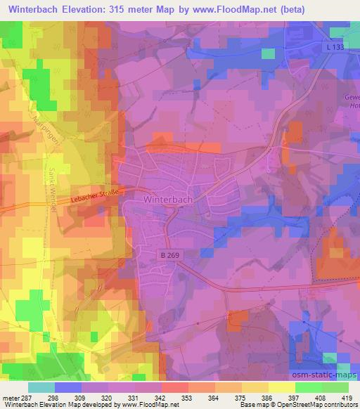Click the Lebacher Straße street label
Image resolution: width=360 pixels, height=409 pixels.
95,197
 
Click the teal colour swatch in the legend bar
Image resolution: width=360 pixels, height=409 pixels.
41,387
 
